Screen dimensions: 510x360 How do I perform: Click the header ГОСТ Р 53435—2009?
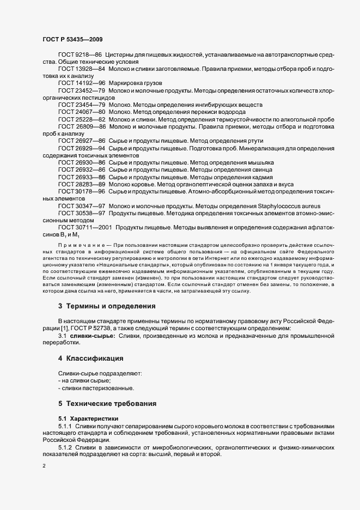point(72,39)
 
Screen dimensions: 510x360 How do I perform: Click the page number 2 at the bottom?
point(44,466)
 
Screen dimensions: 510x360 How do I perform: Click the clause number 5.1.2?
point(65,447)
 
